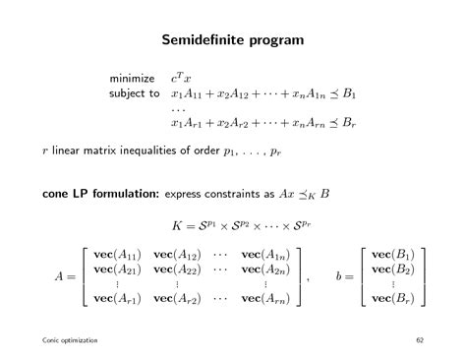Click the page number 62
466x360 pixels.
[x=420, y=340]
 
